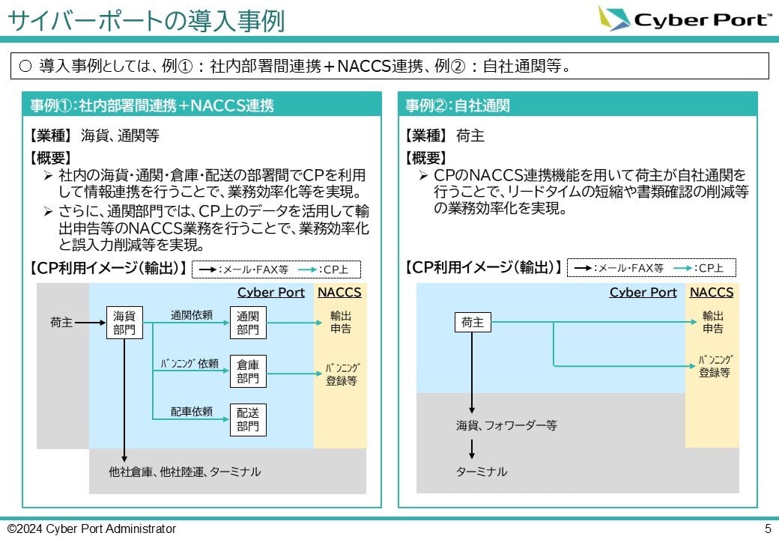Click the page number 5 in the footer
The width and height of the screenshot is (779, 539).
[x=768, y=529]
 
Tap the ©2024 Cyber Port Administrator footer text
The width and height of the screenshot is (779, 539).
[x=91, y=529]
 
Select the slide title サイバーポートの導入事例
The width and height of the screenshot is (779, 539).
[x=146, y=20]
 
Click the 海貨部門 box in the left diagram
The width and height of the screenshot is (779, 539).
[x=124, y=323]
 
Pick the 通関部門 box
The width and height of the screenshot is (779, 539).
[x=248, y=323]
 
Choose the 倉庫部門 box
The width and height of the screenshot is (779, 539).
[x=248, y=371]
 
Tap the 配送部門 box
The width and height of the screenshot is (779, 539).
[x=248, y=419]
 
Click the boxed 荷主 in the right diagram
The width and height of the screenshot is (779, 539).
[x=473, y=323]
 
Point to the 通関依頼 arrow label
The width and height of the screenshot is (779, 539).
[x=192, y=315]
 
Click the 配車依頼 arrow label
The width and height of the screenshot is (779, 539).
[x=192, y=411]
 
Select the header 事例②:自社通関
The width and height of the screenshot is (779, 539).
[x=458, y=106]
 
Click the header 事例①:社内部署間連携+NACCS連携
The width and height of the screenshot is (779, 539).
[x=152, y=106]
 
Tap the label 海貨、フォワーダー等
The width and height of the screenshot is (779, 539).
[x=507, y=425]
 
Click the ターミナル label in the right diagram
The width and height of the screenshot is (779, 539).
[x=482, y=472]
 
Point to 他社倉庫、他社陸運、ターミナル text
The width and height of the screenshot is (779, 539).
[x=184, y=472]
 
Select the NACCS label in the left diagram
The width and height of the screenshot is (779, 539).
[x=339, y=292]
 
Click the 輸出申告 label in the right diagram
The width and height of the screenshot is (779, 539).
[x=712, y=322]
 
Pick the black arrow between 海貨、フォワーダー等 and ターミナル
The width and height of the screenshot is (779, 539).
[x=472, y=448]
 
